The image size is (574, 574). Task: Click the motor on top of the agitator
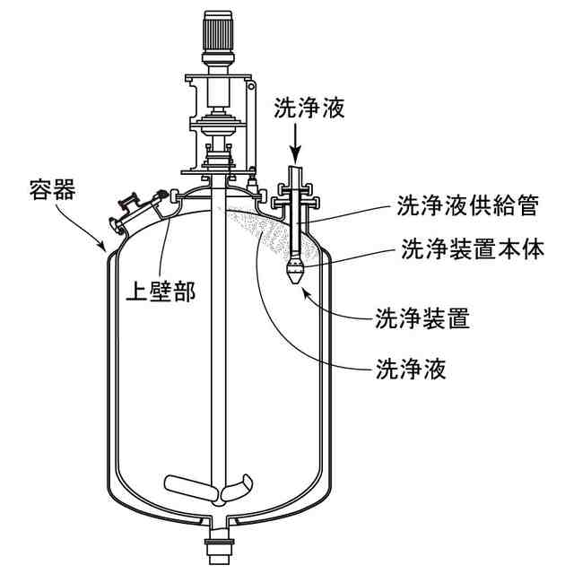tap(217, 34)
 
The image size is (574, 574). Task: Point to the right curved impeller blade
tap(239, 491)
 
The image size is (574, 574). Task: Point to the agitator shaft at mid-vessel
tap(217, 359)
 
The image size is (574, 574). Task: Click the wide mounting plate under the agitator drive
tap(217, 170)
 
